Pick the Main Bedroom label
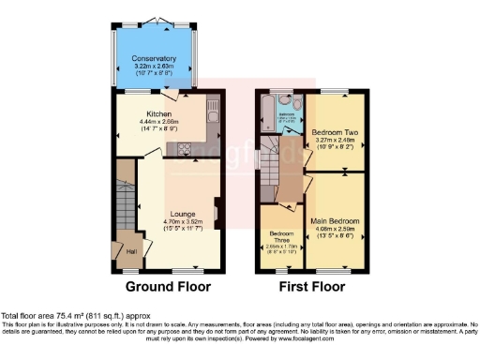(x=335, y=221)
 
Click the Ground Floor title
(x=169, y=287)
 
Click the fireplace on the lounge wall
(x=217, y=212)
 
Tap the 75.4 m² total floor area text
(x=81, y=316)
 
